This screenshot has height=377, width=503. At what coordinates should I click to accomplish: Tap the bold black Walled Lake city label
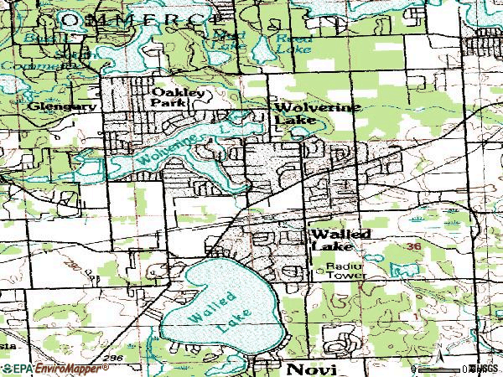(340, 240)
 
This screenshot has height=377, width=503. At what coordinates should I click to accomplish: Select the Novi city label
(309, 369)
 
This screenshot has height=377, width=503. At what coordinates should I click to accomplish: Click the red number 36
(413, 248)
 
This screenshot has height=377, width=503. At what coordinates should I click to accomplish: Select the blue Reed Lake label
(293, 44)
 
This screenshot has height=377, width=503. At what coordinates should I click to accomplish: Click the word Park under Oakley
(165, 103)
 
